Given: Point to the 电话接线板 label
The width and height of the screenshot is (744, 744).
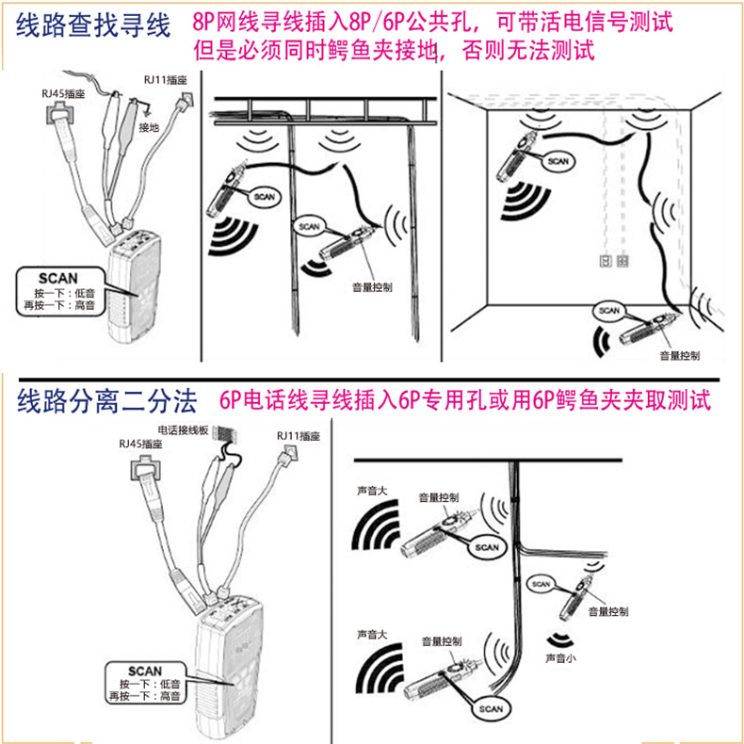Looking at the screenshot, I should point(185,429).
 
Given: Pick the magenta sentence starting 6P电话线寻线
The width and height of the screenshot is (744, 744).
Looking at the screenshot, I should point(465,402).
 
